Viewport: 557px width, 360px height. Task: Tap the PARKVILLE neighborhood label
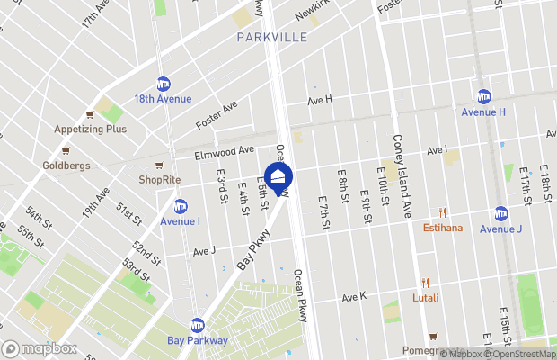point(271,37)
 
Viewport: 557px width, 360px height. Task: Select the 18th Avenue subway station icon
point(164,84)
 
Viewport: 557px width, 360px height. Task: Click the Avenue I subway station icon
point(180,206)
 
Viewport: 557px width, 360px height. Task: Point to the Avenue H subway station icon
point(483,97)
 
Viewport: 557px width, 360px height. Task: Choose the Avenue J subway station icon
point(500,213)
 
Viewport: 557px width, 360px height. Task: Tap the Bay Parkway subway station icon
point(197,325)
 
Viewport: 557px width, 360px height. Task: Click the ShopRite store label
point(159,180)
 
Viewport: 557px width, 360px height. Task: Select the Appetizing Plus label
point(91,129)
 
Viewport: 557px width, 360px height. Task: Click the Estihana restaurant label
point(443,228)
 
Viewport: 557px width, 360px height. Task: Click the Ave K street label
point(353,297)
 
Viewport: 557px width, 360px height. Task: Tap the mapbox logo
point(40,348)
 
